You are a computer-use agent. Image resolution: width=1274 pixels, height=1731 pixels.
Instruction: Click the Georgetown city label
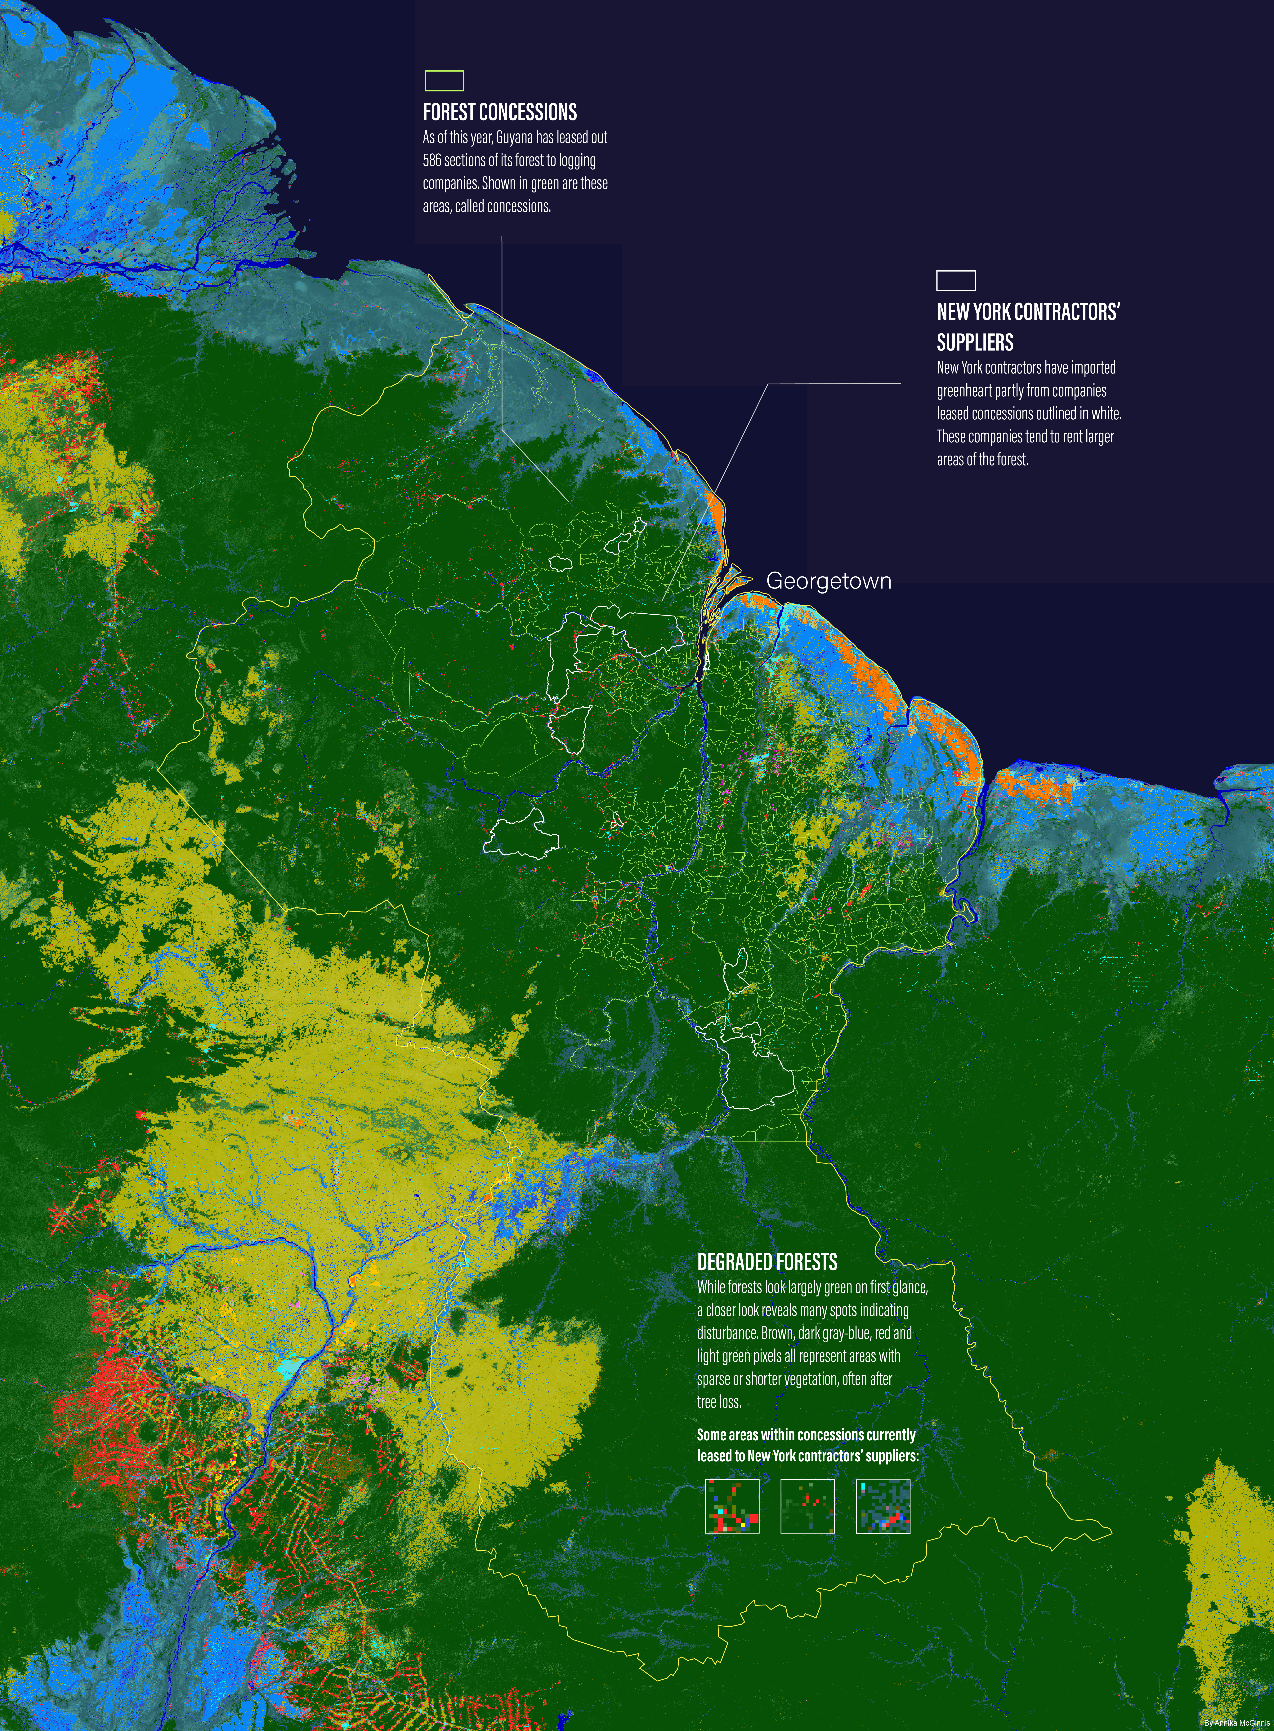coord(828,581)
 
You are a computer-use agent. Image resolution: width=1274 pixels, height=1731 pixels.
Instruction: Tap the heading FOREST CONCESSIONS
coord(500,113)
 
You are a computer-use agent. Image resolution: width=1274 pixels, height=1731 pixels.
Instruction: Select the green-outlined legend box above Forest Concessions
coord(444,81)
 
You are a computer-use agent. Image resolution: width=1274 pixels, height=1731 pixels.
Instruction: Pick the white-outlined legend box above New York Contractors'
coord(955,280)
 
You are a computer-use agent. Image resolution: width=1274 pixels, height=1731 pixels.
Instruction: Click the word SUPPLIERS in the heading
coord(975,342)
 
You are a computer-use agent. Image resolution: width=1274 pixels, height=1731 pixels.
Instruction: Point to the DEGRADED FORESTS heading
coord(767,1262)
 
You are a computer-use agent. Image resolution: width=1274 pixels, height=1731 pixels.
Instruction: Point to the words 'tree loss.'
coord(719,1402)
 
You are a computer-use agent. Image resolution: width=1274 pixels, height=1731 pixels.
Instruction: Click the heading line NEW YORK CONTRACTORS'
coord(1028,312)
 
